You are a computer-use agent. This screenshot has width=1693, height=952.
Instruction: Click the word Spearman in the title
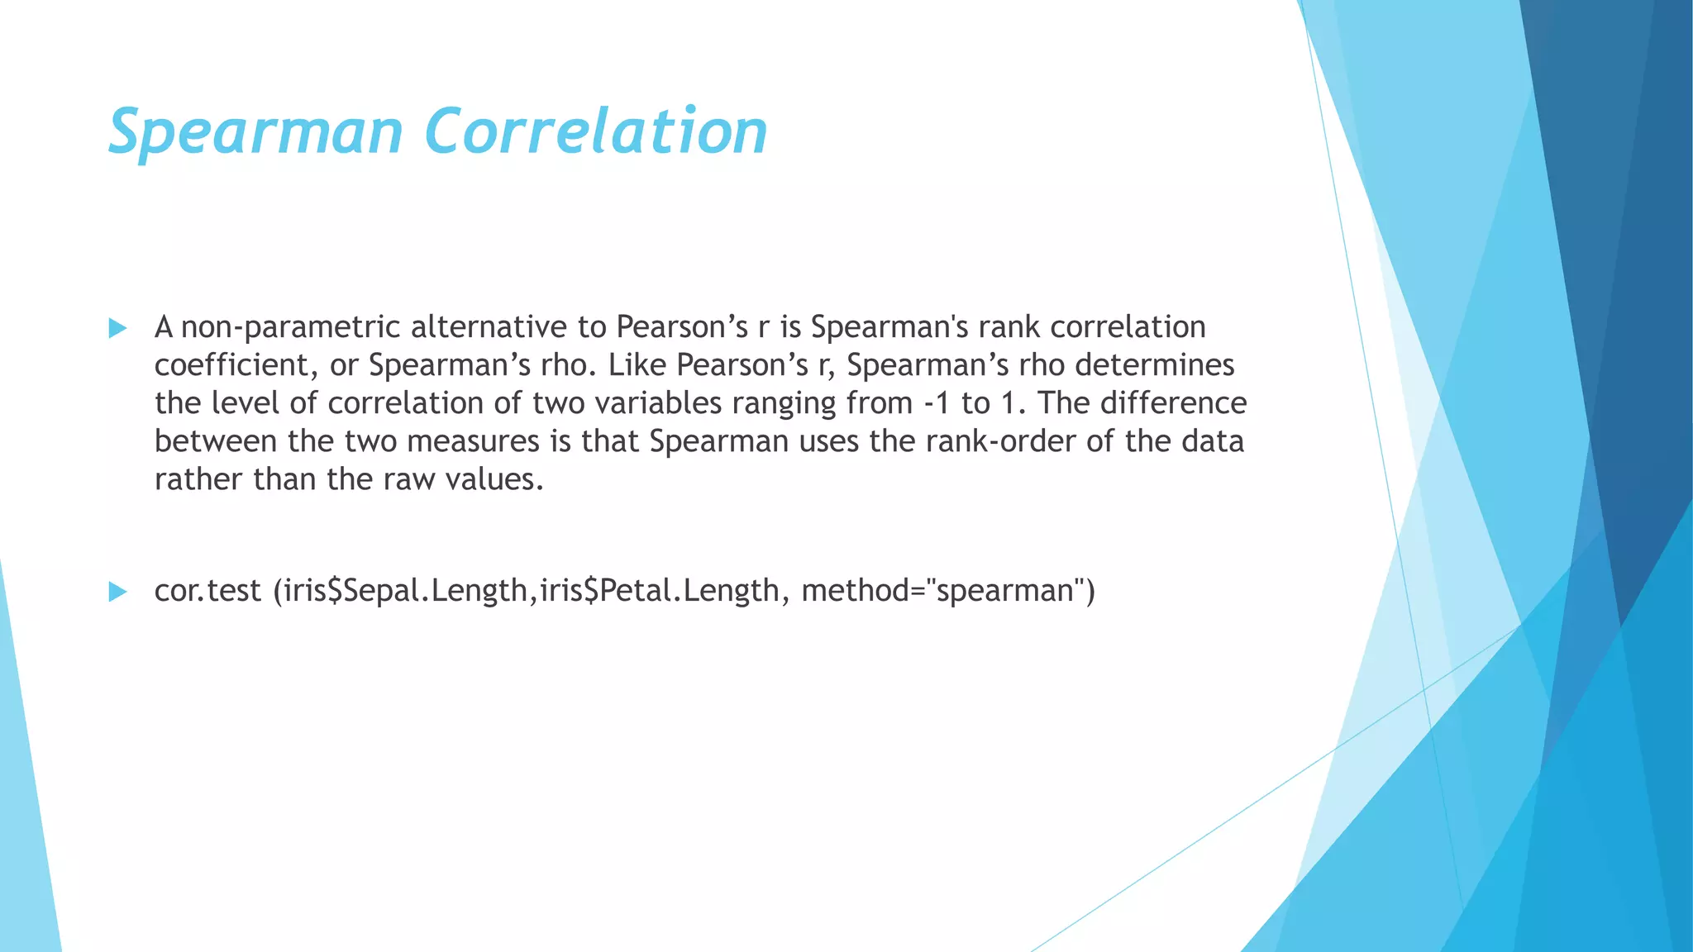255,132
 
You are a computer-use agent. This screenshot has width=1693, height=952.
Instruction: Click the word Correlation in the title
596,132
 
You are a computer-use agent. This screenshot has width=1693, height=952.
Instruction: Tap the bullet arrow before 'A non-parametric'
117,329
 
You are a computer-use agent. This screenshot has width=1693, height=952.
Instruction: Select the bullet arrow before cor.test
117,592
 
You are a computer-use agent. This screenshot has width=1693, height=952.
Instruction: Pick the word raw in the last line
409,479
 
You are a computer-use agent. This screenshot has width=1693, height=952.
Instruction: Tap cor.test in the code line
207,591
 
